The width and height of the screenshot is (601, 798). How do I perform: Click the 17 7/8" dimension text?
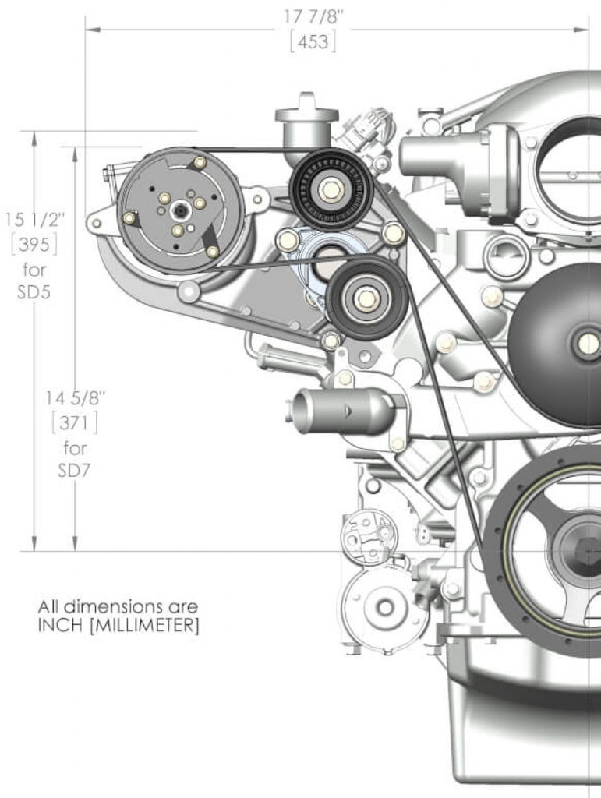[x=313, y=17]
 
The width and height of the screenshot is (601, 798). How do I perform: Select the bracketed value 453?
[x=313, y=41]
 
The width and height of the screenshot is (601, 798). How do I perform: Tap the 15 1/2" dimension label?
[x=35, y=219]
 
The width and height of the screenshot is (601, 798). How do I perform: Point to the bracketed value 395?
[x=34, y=245]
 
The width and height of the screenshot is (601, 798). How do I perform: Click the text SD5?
[x=34, y=292]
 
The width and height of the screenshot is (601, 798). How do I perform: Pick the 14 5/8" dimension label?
[x=76, y=397]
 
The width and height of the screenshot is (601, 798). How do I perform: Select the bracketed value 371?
[x=75, y=422]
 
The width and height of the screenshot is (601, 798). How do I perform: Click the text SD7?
[x=74, y=471]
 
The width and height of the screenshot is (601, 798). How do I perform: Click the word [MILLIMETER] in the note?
[x=144, y=625]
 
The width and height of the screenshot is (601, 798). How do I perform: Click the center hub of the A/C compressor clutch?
[x=179, y=209]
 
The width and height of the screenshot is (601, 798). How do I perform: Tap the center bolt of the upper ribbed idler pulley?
[x=331, y=190]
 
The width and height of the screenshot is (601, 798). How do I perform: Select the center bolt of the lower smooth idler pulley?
[x=366, y=298]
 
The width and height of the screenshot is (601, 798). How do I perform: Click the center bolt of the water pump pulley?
[x=589, y=344]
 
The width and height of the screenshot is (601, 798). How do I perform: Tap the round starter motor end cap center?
[x=385, y=606]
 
